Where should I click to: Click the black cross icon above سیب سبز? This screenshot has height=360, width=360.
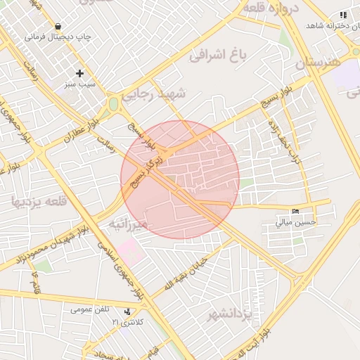(79, 73)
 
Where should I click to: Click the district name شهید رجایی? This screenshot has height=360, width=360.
(155, 94)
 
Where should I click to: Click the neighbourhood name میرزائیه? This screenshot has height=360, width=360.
(127, 224)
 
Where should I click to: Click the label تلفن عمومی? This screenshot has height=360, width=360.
(90, 309)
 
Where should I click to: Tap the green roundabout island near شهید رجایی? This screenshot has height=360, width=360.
(113, 105)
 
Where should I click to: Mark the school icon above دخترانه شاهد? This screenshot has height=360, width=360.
(343, 15)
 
